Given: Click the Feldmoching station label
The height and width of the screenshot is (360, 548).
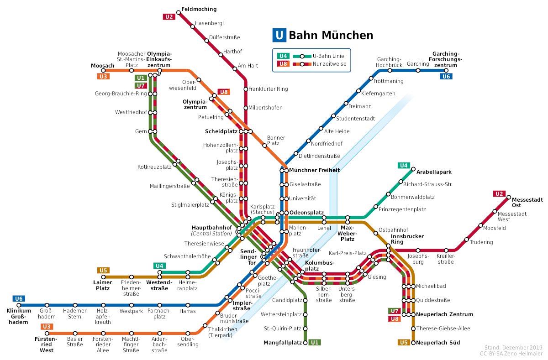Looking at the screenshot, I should click(x=199, y=9).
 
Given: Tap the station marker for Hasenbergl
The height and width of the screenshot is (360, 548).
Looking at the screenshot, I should click(x=193, y=26).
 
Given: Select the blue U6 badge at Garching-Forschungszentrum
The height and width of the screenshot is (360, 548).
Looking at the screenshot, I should click(x=446, y=76).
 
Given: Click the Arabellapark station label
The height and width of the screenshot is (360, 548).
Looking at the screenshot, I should click(x=433, y=172).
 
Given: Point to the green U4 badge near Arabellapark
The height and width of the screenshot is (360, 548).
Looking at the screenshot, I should click(x=404, y=165).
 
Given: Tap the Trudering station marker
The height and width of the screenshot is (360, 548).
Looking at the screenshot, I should click(x=466, y=239).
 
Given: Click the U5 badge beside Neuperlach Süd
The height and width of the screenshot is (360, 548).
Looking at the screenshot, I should click(x=404, y=343).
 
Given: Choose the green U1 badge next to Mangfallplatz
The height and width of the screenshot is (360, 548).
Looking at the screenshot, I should click(x=314, y=343).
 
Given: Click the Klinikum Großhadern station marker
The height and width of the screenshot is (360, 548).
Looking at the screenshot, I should click(x=19, y=305).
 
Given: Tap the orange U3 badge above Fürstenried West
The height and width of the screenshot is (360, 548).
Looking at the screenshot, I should click(x=47, y=327).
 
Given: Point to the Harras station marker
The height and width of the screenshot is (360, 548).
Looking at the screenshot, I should click(x=187, y=305).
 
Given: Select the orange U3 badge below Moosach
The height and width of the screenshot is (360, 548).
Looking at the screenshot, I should click(x=103, y=77).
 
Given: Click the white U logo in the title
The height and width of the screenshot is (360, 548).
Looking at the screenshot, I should click(x=279, y=35).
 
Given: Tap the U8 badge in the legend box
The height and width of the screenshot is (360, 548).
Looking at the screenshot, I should click(x=283, y=63).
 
